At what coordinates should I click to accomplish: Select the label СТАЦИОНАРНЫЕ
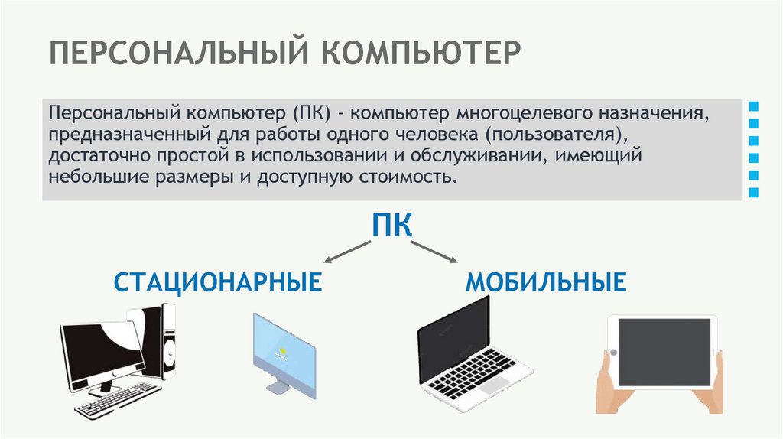(x=217, y=282)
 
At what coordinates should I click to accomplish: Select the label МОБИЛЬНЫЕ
(x=546, y=282)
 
